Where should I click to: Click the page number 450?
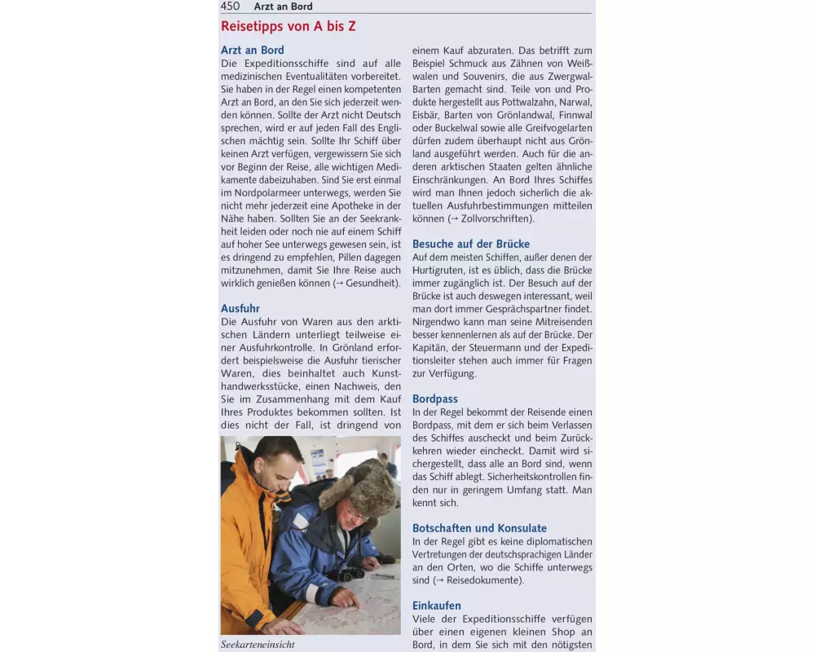[x=230, y=6]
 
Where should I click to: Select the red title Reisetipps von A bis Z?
[x=288, y=26]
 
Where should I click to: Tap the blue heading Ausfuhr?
[x=240, y=308]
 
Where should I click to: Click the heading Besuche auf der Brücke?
[x=470, y=244]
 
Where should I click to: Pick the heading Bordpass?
[x=435, y=399]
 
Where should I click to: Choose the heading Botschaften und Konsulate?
[x=479, y=528]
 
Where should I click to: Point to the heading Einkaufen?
[x=437, y=606]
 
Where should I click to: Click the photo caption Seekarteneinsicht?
[x=258, y=645]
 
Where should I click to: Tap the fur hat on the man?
[x=359, y=486]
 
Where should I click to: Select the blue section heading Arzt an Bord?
[x=252, y=50]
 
